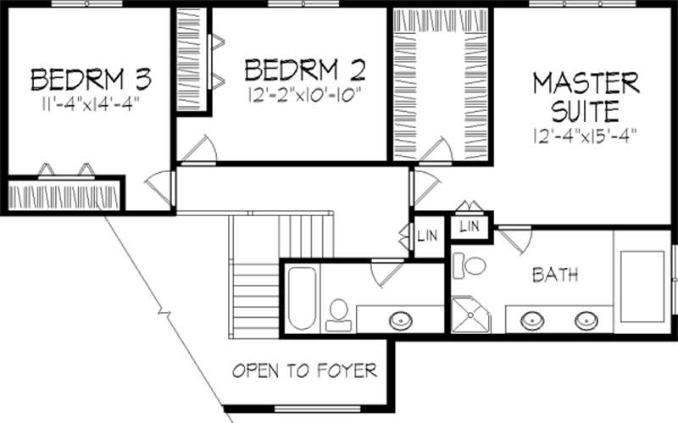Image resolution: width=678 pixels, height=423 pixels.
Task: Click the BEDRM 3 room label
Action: click(x=91, y=80)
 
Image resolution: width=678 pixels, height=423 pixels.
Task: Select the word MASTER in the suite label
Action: click(x=586, y=83)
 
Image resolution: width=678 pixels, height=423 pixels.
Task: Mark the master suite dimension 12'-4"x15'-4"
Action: click(x=586, y=134)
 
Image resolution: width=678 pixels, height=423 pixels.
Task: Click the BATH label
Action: click(x=555, y=275)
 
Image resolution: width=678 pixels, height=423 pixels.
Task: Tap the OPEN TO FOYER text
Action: click(x=304, y=370)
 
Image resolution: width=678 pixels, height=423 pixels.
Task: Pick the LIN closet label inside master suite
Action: click(x=470, y=226)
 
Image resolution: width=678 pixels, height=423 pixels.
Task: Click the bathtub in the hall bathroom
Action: click(x=301, y=298)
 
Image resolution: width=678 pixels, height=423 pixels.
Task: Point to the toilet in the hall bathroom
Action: click(x=340, y=311)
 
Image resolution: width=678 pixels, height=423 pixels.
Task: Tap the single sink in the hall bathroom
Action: click(x=402, y=320)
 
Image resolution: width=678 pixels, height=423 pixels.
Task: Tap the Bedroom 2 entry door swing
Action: click(x=200, y=150)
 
